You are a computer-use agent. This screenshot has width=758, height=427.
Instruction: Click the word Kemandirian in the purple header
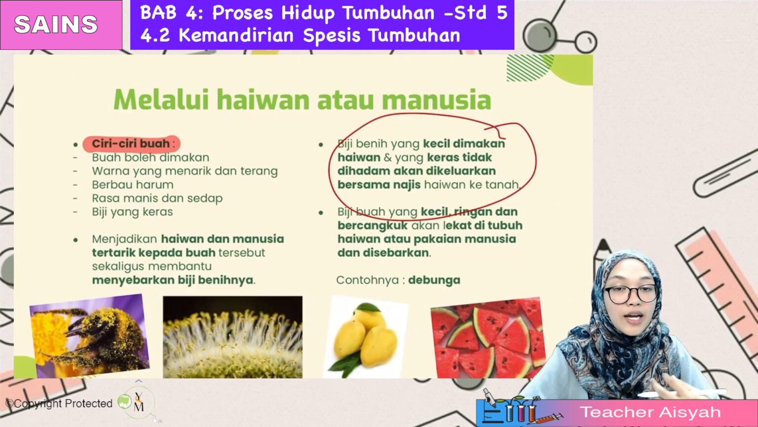tap(236, 36)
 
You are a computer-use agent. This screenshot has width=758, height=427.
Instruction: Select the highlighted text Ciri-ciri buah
tap(131, 144)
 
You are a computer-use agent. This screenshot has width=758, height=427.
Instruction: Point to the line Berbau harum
tap(132, 185)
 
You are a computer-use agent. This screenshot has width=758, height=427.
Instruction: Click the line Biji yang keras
tap(132, 212)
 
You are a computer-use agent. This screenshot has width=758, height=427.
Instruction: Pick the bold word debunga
tap(434, 280)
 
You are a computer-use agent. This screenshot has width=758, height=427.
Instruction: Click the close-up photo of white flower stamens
tap(232, 338)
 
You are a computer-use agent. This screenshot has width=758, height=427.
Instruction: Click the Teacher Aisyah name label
tap(650, 412)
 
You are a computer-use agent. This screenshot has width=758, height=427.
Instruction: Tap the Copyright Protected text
tap(59, 404)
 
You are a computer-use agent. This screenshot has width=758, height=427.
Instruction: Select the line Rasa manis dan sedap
tap(157, 198)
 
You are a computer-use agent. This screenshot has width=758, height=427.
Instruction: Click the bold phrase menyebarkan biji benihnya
tap(173, 280)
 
